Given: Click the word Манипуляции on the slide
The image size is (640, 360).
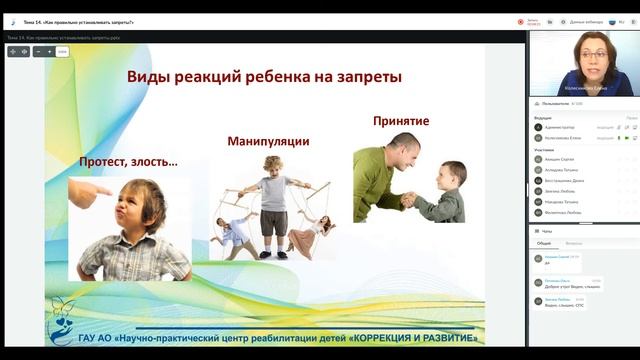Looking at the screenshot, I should point(267,141).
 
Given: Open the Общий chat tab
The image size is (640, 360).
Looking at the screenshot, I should point(544,243).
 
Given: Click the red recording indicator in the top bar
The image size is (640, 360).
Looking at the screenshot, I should point(521,21).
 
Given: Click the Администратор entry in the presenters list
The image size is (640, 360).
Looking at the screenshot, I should point(561,127).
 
